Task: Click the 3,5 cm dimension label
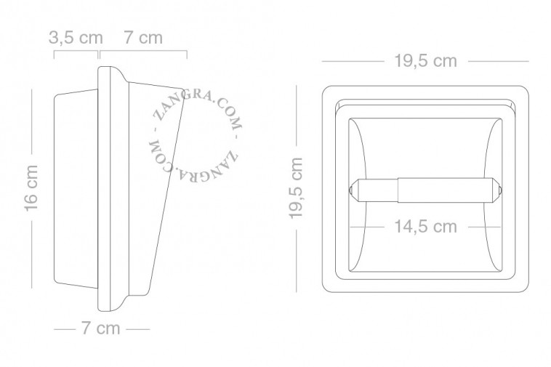[x=76, y=38]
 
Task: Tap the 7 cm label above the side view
[x=143, y=38]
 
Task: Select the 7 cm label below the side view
[x=101, y=328]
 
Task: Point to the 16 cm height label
[x=31, y=188]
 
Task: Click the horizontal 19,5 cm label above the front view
[x=426, y=61]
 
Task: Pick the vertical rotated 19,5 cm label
[x=296, y=188]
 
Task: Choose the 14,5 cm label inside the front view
[x=425, y=227]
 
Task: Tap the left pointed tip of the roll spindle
[x=350, y=190]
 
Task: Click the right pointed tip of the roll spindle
[x=502, y=190]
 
